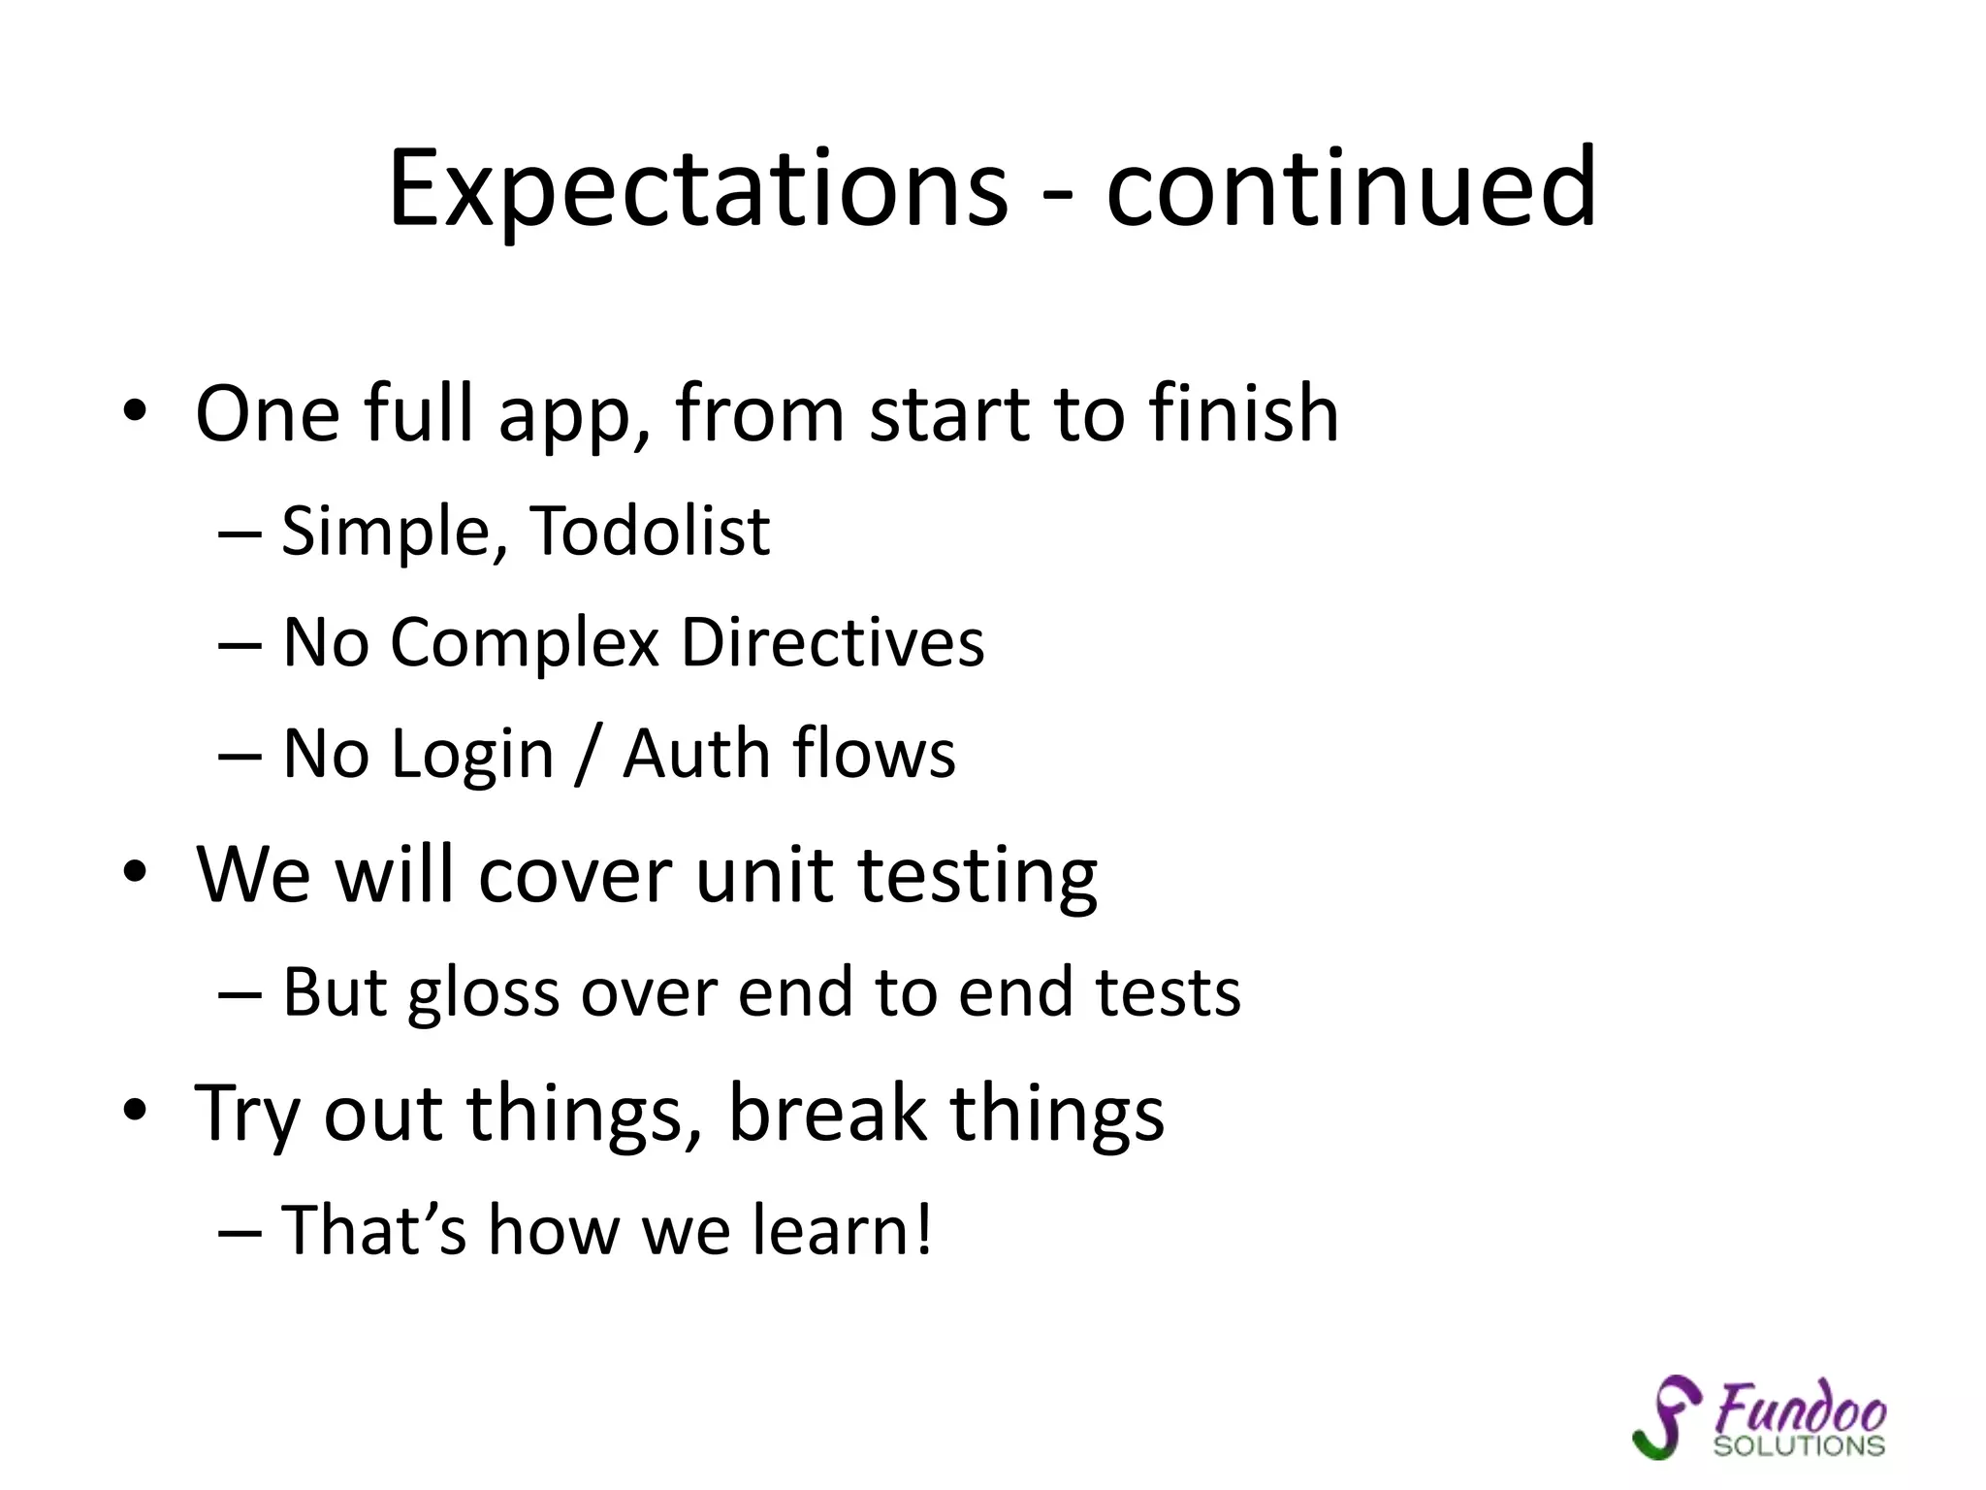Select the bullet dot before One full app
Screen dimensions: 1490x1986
pyautogui.click(x=135, y=411)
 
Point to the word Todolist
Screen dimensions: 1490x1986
pyautogui.click(x=652, y=532)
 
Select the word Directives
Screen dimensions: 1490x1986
pyautogui.click(x=832, y=642)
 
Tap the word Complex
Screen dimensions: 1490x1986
pyautogui.click(x=525, y=644)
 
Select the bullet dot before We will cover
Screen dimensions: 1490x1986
pyautogui.click(x=135, y=872)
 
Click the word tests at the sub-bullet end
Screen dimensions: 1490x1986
pyautogui.click(x=1168, y=992)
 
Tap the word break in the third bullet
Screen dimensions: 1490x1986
pyautogui.click(x=826, y=1113)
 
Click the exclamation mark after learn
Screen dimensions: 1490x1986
pyautogui.click(x=922, y=1229)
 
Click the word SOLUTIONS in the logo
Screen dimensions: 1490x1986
pyautogui.click(x=1799, y=1446)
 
